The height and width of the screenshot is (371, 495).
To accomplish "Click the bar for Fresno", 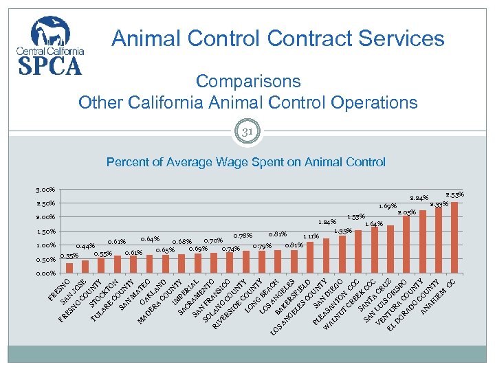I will [x=69, y=269].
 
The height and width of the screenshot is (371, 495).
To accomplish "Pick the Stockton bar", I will [x=118, y=265].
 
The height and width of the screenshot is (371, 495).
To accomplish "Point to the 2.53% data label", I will [x=455, y=194].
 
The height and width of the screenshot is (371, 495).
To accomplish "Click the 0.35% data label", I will [x=69, y=256].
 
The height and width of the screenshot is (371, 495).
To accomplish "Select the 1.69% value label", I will [x=388, y=206].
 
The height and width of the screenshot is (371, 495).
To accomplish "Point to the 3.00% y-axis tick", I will [x=46, y=190].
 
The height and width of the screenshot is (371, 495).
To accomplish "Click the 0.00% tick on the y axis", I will [x=46, y=273].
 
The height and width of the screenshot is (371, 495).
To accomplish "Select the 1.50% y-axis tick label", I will [x=46, y=232].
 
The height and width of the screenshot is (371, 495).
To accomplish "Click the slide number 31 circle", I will [x=247, y=131].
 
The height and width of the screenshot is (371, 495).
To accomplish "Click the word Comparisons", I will [x=247, y=81].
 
